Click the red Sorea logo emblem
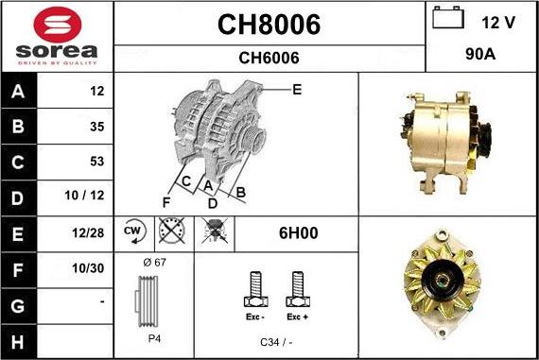[58, 25]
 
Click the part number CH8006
[269, 25]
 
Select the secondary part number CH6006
[269, 58]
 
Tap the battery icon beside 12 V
[448, 18]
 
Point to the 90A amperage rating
[480, 54]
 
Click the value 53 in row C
[97, 162]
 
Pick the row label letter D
[18, 198]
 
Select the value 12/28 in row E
[88, 232]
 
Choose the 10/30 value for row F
[88, 268]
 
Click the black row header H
[18, 342]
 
